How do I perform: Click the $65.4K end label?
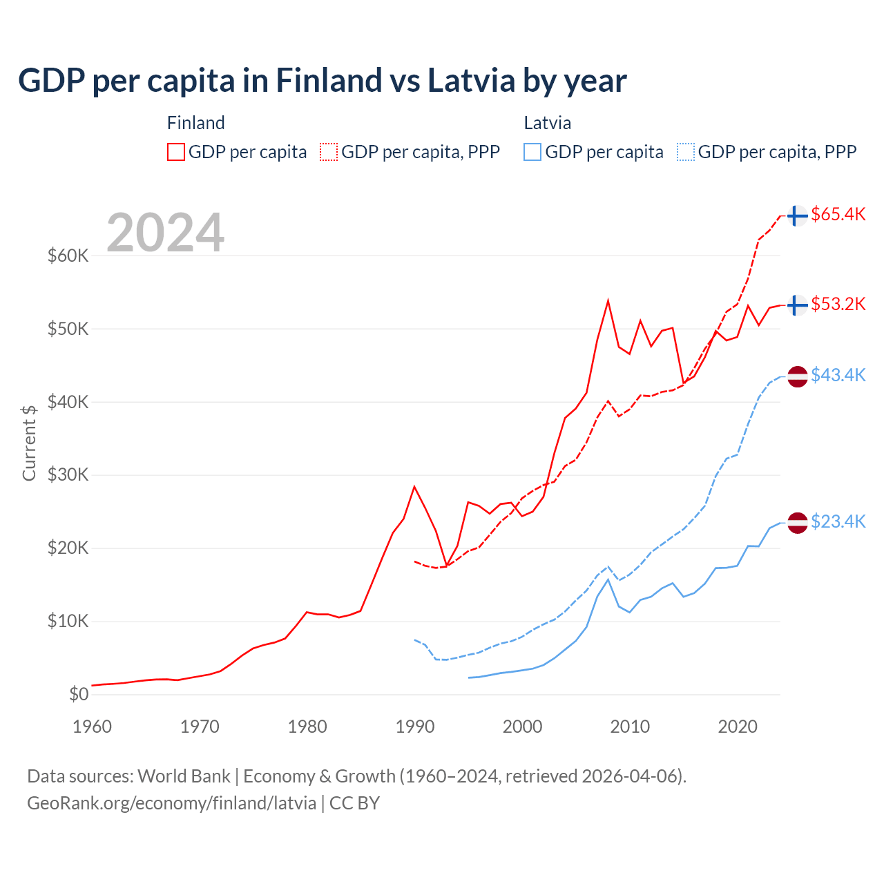click(x=838, y=215)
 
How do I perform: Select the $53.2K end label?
click(x=838, y=305)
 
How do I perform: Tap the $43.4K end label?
click(x=838, y=375)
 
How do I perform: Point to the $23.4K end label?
click(x=838, y=521)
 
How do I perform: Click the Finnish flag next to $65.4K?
click(x=798, y=215)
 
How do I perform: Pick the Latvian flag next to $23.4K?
click(x=798, y=523)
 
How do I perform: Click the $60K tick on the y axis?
click(x=68, y=256)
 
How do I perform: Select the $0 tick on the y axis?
click(x=79, y=694)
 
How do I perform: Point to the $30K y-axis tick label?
click(x=68, y=475)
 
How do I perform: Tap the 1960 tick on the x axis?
click(x=92, y=727)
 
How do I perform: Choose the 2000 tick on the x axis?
click(x=523, y=727)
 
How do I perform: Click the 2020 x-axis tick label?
click(x=738, y=727)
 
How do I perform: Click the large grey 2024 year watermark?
click(x=166, y=233)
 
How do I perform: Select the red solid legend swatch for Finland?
click(x=176, y=152)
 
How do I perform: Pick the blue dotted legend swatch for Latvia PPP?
click(x=686, y=152)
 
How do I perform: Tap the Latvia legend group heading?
click(x=547, y=123)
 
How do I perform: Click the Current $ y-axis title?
click(x=29, y=443)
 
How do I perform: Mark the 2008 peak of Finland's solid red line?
click(x=608, y=300)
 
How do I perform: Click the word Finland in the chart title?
click(x=328, y=80)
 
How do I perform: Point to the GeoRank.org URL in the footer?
click(x=171, y=803)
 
